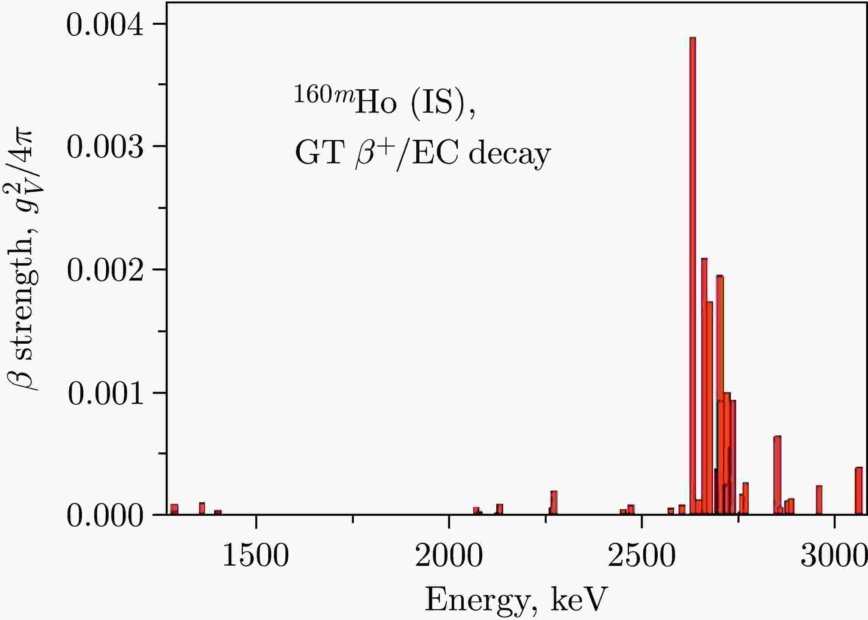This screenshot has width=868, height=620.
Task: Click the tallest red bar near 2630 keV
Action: click(x=693, y=267)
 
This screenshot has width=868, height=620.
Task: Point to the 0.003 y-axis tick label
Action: click(x=105, y=147)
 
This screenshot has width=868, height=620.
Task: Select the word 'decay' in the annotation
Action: click(x=510, y=154)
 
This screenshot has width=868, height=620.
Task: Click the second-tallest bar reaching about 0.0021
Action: click(x=704, y=386)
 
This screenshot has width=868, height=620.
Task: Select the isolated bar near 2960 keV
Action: click(x=819, y=500)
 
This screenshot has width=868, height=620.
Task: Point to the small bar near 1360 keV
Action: click(x=202, y=508)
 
